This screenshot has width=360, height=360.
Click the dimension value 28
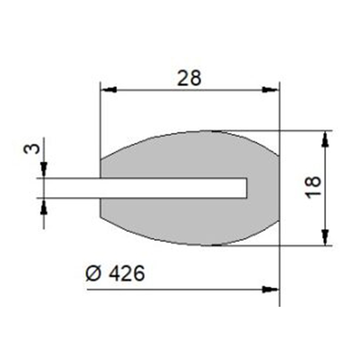click(189, 78)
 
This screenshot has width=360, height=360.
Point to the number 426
click(126, 273)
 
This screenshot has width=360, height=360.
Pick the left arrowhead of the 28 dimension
click(107, 89)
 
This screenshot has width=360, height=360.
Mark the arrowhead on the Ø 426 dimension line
click(270, 289)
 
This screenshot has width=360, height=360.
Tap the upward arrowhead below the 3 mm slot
click(44, 205)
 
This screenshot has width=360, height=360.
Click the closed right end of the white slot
click(246, 188)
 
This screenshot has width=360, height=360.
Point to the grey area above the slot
click(188, 155)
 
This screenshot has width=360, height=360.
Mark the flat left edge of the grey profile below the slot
click(100, 207)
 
